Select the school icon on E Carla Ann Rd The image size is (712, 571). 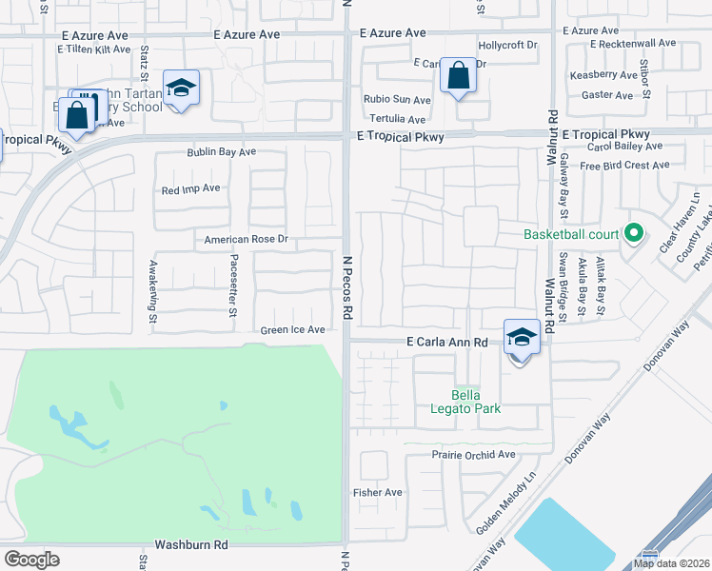[x=522, y=337]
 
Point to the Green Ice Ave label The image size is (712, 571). [x=293, y=330]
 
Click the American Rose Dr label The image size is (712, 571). [x=246, y=240]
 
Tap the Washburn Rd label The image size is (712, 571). [x=193, y=545]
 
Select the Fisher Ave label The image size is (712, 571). [x=378, y=492]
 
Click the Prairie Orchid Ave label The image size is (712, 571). [x=473, y=455]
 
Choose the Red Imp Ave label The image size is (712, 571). [x=190, y=188]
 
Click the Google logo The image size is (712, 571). [x=31, y=559]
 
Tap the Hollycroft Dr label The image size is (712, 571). [x=507, y=45]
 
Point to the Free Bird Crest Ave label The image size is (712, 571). [x=624, y=166]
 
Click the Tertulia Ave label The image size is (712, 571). [x=397, y=120]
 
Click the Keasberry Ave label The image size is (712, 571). [x=603, y=74]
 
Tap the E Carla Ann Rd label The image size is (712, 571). [x=446, y=342]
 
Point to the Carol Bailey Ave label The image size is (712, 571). [x=624, y=147]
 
